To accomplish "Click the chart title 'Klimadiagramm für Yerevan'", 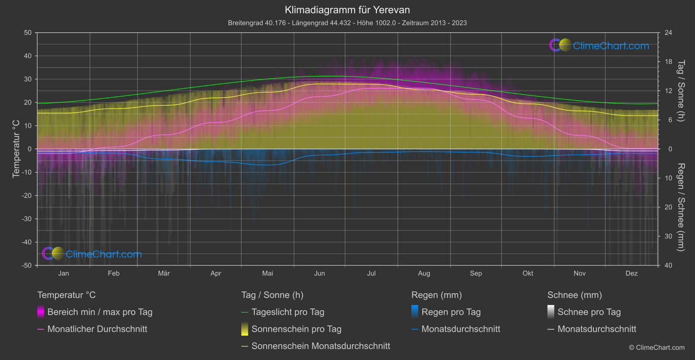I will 347,10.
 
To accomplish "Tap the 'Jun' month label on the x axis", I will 319,273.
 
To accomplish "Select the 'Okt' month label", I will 528,273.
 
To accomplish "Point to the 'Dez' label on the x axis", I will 631,273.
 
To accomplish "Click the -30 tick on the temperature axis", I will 27,219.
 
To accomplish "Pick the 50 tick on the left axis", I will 28,33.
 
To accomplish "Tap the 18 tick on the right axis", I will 668,62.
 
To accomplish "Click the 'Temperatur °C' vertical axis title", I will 16,149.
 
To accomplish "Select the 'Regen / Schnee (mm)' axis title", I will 680,207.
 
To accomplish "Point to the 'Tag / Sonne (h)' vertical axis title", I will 680,91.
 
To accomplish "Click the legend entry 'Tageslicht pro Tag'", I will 288,312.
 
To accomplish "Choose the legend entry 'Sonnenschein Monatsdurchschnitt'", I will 321,346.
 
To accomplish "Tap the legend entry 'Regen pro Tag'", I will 451,312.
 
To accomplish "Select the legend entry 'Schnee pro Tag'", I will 589,312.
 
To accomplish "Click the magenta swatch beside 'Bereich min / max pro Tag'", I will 41,312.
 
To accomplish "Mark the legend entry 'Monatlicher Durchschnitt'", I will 97,329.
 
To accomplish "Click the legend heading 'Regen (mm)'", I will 436,295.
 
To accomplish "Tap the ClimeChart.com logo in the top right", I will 599,45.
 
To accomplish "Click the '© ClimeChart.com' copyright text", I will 657,348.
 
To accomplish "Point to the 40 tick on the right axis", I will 668,265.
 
